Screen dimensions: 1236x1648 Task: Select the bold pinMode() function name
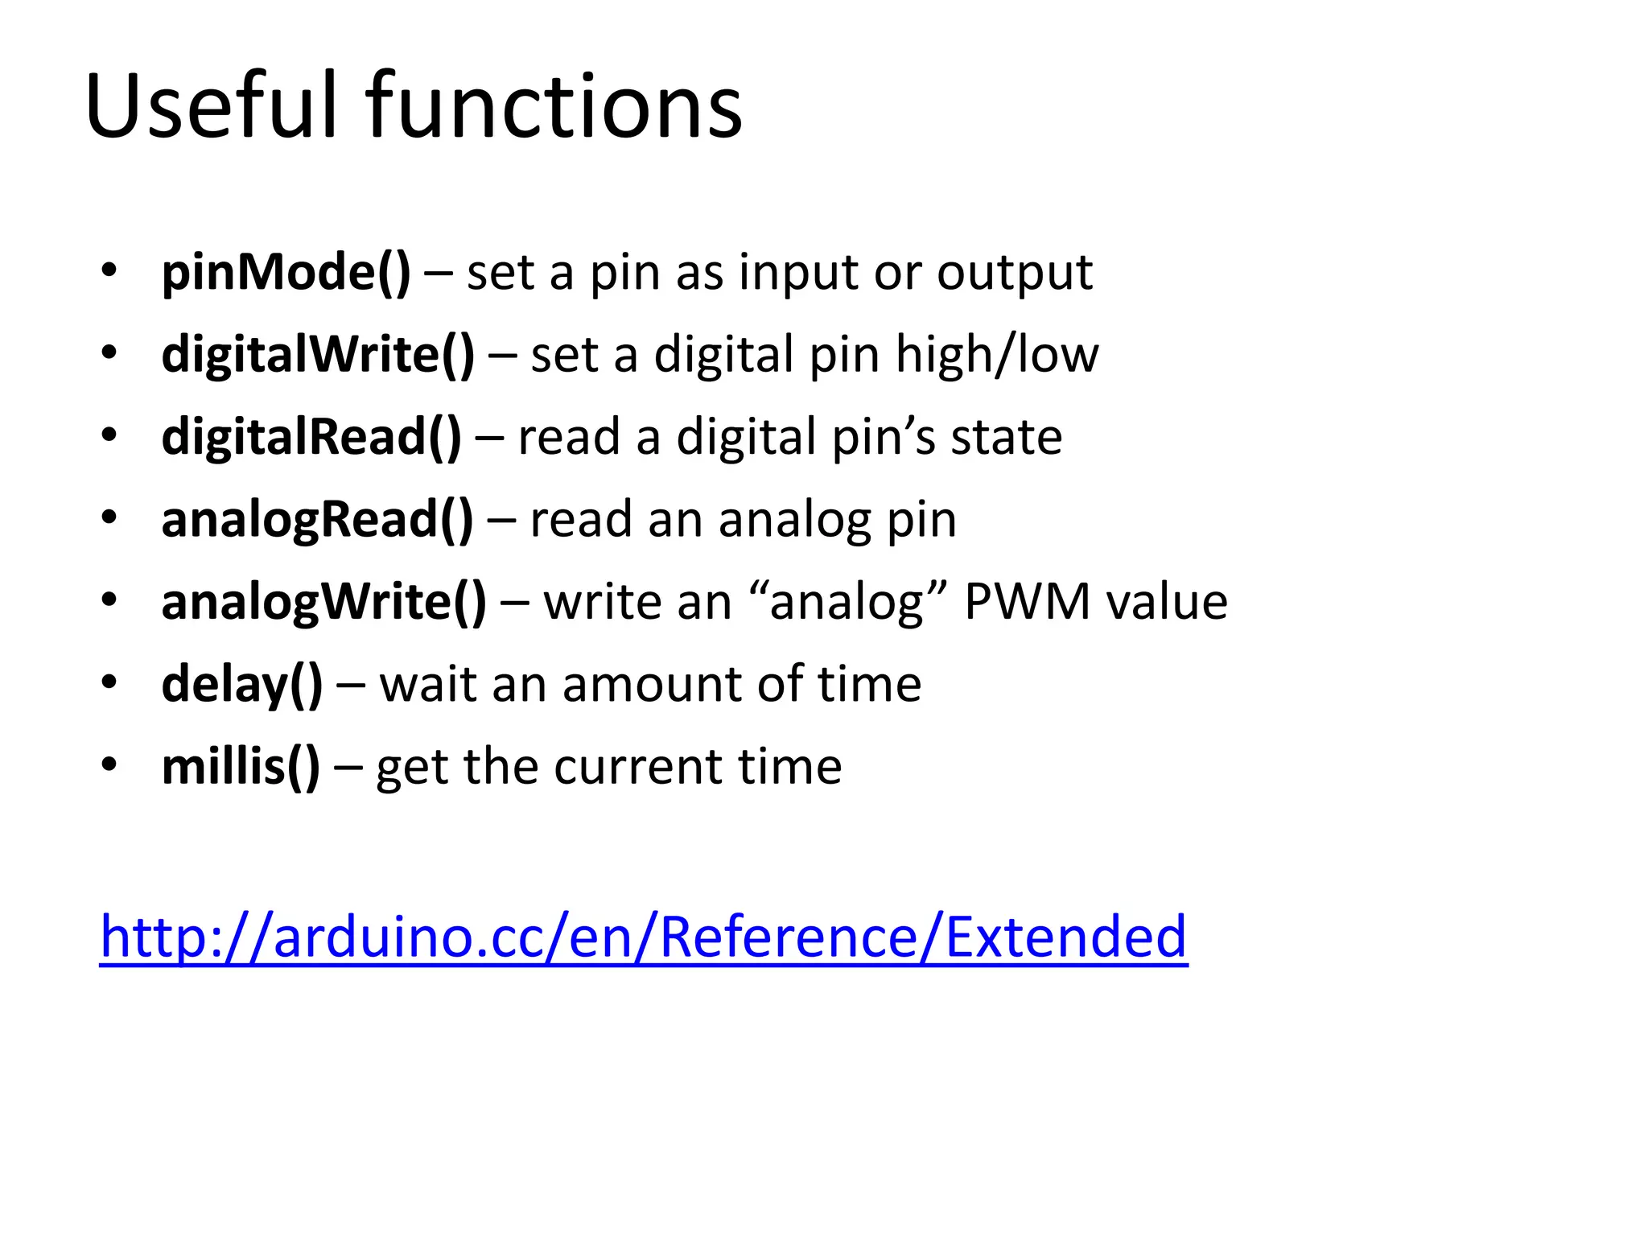286,272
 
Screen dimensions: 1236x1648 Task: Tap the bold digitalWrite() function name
318,354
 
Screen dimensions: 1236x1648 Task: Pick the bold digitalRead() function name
311,437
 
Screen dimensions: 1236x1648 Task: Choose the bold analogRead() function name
317,520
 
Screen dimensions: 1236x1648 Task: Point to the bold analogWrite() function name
323,602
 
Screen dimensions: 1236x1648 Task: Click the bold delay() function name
241,684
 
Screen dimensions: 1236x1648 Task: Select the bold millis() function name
240,766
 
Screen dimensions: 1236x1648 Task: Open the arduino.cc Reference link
644,937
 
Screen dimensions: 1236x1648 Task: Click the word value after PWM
1167,602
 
